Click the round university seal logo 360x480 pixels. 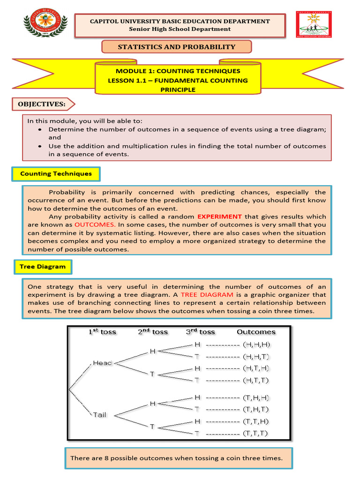pos(45,24)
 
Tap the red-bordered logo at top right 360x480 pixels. pos(314,25)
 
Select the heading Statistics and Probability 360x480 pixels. pos(176,47)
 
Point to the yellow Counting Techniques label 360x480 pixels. pos(56,174)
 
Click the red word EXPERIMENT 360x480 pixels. pos(219,217)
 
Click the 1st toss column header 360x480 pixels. pos(102,332)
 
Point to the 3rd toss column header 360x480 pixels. pos(200,332)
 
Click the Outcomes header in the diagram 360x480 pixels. pos(256,332)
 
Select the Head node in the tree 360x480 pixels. pos(103,363)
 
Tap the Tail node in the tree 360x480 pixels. pos(99,415)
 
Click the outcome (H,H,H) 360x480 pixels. pos(256,345)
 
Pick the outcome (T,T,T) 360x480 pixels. pos(256,433)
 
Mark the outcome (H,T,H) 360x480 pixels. pos(256,368)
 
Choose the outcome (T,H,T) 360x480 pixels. pos(256,409)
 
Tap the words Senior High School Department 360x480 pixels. pos(180,29)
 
